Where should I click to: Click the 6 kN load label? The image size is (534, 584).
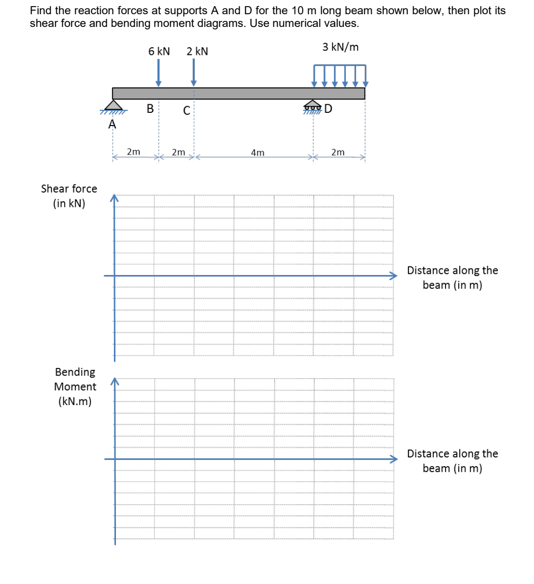pos(159,51)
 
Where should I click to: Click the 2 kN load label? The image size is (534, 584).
pos(197,51)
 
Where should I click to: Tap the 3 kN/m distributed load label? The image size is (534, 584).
pos(340,47)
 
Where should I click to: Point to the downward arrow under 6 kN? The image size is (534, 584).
pos(159,73)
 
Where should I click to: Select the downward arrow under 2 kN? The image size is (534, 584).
pos(193,73)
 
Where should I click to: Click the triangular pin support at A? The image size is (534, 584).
pos(113,105)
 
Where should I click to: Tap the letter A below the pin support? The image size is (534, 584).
pos(112,125)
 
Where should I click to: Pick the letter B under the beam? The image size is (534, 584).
pos(150,108)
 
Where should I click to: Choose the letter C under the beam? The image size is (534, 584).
pos(187,110)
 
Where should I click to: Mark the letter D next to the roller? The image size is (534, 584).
pos(328,108)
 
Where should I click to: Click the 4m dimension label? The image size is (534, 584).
pos(258,152)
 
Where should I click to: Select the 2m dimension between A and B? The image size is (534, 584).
pos(134,151)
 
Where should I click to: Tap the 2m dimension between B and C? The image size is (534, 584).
pos(179,152)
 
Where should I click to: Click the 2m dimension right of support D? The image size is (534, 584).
pos(338,152)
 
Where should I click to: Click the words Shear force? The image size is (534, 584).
pos(69,189)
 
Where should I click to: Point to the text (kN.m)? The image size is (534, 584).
pos(75,401)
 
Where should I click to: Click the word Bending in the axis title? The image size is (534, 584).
pos(75,372)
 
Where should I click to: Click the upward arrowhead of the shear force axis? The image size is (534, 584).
pos(114,198)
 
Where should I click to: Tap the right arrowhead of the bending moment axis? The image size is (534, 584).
pos(393,459)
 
